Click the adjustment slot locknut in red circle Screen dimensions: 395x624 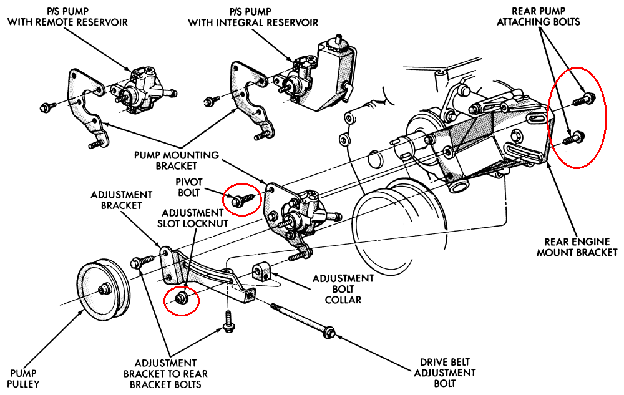pos(182,298)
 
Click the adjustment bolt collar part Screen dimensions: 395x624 pos(262,271)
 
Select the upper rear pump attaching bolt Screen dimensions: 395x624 pos(585,99)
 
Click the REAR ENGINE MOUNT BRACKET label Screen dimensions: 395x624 pos(581,246)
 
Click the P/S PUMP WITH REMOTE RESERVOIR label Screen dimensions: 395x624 pos(67,17)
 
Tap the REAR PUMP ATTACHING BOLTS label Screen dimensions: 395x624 pos(545,17)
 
